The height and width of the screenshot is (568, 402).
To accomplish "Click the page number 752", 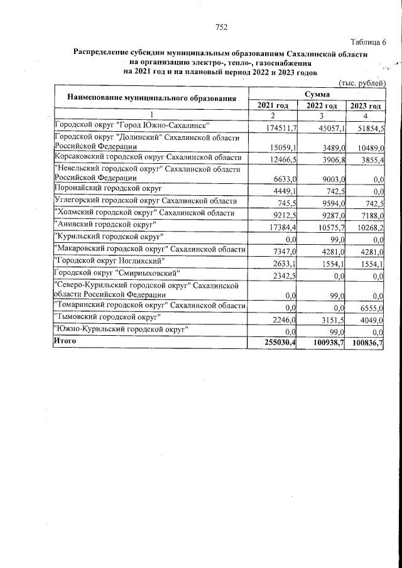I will [x=220, y=26].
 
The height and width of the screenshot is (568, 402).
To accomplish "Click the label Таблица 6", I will [x=368, y=42].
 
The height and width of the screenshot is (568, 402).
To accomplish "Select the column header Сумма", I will [x=318, y=94].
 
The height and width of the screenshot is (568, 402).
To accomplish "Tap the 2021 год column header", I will [x=273, y=105].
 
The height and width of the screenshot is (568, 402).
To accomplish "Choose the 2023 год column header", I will [x=366, y=105].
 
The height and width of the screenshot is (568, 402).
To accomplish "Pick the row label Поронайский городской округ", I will [x=109, y=188].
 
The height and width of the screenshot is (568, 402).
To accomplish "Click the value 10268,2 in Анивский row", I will [x=368, y=225].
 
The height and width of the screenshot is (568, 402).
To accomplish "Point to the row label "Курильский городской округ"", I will [x=111, y=237].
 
